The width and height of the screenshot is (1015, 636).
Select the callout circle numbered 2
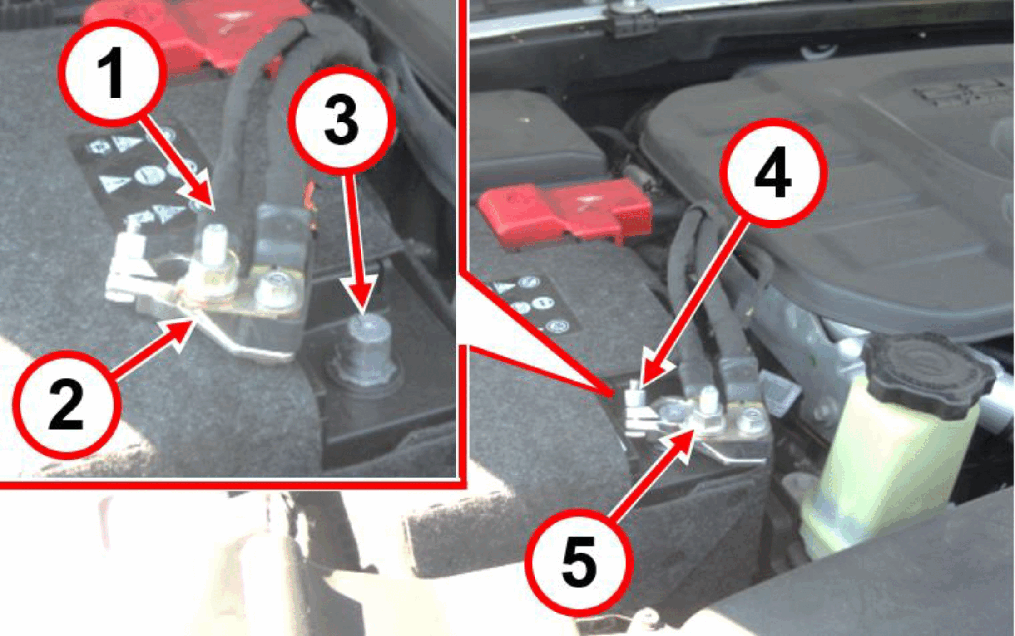point(67,405)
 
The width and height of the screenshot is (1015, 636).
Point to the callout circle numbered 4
point(773,173)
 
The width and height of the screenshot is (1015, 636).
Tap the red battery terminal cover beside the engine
point(565,211)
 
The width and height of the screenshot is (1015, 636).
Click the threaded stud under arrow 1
point(213,245)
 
